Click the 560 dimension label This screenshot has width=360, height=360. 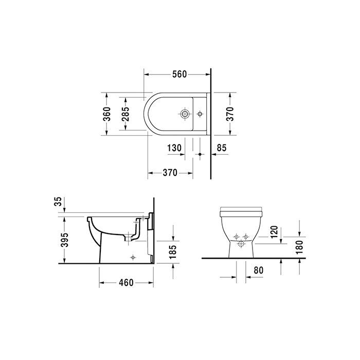(179, 75)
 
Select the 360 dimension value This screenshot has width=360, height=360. (106, 115)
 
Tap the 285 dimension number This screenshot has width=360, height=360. (125, 114)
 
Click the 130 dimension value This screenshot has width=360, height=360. (174, 148)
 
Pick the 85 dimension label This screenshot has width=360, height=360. (222, 148)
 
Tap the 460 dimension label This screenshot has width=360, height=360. (126, 282)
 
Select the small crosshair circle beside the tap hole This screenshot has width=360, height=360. (200, 113)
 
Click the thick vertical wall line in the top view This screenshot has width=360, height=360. (211, 123)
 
